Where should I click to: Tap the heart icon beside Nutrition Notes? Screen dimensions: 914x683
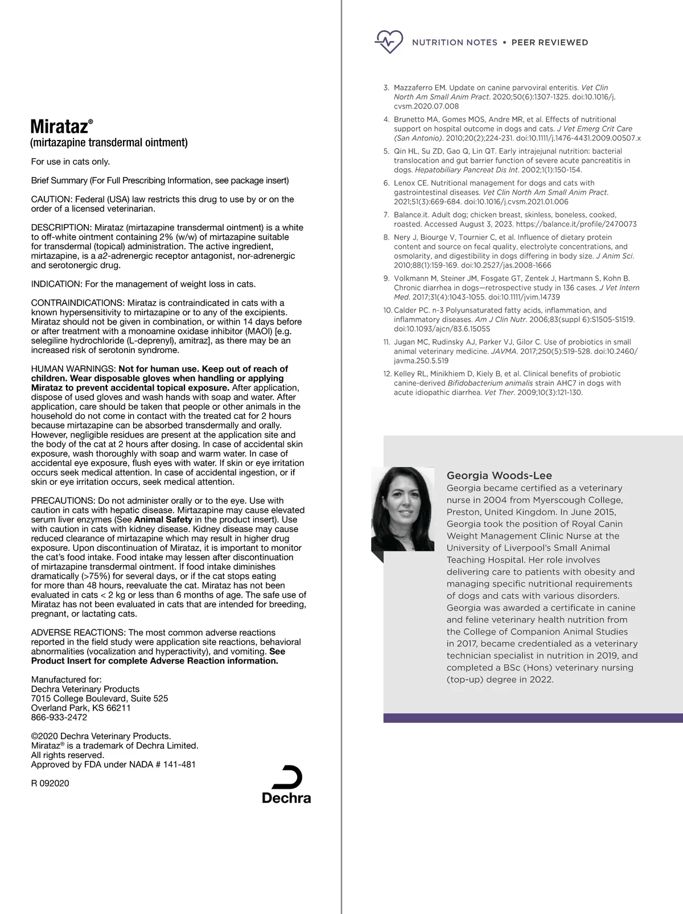coord(388,42)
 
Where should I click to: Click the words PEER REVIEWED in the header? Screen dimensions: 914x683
coord(550,42)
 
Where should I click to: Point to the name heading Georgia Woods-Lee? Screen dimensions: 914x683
coord(499,476)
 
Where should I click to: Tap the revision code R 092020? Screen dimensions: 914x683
coord(50,783)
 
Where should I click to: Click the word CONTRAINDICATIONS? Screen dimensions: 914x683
coord(77,303)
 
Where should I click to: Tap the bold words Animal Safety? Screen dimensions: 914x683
coord(163,520)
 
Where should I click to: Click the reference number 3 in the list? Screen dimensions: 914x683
coord(386,88)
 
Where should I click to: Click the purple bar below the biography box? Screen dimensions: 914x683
coord(533,718)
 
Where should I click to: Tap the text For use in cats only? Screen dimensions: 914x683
coord(71,162)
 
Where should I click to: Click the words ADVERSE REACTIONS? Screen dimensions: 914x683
coord(78,633)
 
